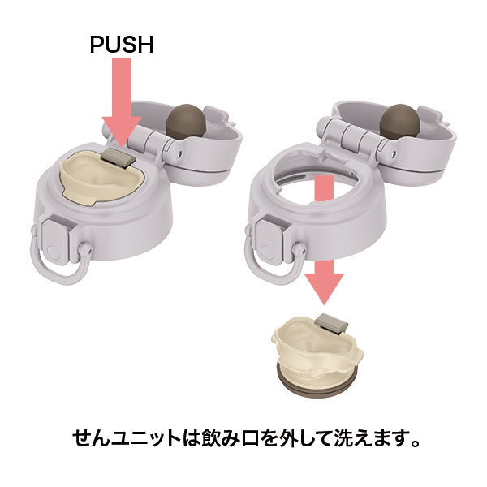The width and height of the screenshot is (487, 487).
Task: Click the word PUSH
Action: (x=122, y=45)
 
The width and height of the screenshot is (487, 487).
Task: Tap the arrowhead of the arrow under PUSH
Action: (x=122, y=131)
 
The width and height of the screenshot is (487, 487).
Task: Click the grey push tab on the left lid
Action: (x=119, y=157)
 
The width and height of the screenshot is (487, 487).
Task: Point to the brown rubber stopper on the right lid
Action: (x=400, y=122)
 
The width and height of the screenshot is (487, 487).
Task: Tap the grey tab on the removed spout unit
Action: (x=331, y=324)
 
